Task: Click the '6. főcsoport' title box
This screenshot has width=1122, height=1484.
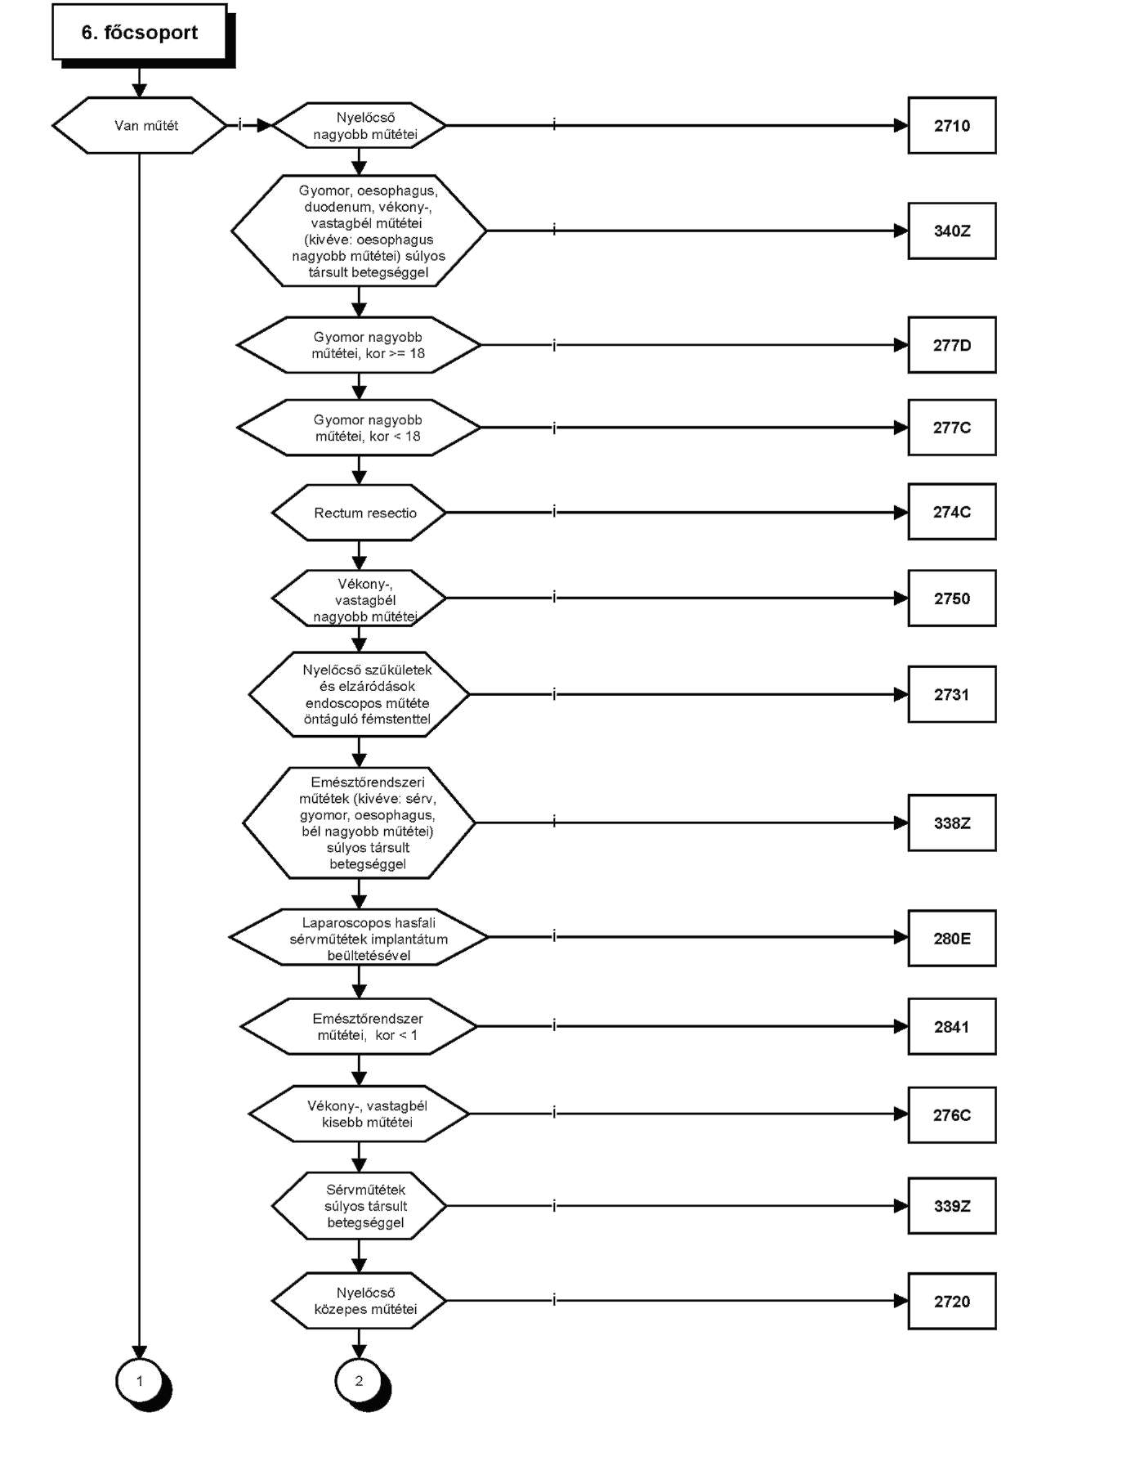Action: tap(140, 32)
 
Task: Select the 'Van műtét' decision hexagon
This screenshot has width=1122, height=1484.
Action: tap(139, 125)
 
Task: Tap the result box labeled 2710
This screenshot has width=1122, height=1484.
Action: tap(952, 125)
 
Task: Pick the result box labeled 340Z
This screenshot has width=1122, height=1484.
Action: tap(952, 231)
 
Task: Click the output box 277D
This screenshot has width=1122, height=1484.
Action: tap(952, 345)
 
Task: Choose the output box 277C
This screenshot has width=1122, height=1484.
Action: tap(952, 428)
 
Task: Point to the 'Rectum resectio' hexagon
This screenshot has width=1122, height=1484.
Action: tap(359, 513)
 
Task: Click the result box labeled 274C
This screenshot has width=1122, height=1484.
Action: tap(952, 512)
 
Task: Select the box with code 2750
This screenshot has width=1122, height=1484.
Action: tap(952, 599)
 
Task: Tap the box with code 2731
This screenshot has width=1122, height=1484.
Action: tap(952, 694)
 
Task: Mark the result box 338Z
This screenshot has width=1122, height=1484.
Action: tap(952, 823)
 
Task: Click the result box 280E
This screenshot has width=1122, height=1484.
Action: tap(952, 938)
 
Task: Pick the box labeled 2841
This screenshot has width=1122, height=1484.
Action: tap(952, 1026)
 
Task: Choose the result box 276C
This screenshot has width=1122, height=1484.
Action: tap(952, 1114)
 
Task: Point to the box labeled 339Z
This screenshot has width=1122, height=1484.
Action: tap(952, 1205)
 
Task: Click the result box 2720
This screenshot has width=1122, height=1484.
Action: tap(952, 1301)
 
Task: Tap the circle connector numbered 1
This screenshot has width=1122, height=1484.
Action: tap(140, 1381)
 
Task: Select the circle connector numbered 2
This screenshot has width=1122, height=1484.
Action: tap(359, 1381)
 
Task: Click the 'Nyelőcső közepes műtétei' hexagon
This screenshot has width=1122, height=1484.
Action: tap(359, 1301)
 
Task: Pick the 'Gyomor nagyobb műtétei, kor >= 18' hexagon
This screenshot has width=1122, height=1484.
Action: tap(359, 345)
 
